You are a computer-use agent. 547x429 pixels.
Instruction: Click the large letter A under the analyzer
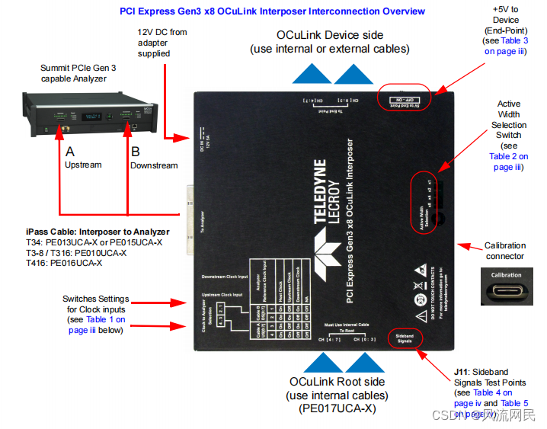(69, 151)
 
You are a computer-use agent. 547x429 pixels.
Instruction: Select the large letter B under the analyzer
(136, 151)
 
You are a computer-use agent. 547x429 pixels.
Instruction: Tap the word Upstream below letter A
(83, 165)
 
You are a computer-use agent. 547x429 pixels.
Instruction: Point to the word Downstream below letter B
(154, 165)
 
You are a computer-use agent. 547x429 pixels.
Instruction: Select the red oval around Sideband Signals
(405, 338)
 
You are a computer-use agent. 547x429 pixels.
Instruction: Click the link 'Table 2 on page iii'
(508, 162)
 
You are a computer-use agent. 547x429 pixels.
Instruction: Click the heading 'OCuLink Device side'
(329, 35)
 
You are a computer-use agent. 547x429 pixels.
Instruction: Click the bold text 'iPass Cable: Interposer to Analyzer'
(98, 232)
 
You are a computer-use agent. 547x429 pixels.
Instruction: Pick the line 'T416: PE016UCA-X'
(66, 262)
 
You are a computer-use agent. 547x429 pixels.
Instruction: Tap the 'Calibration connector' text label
(505, 251)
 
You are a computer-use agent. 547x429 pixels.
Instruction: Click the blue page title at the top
(273, 11)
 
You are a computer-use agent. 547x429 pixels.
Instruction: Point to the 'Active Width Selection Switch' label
(508, 120)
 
